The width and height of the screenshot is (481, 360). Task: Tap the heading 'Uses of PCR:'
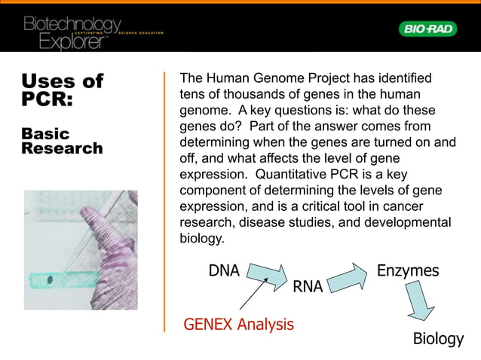tap(62, 90)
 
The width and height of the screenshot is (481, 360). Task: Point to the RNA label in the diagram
tap(308, 287)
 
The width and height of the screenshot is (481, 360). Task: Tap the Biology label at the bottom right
tap(438, 339)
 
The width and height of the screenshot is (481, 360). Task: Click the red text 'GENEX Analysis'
tap(239, 325)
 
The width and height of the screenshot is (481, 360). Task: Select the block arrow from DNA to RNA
tap(265, 276)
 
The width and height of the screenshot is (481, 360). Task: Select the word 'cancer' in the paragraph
tap(424, 206)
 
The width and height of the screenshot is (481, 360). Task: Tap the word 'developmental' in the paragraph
tap(412, 223)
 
